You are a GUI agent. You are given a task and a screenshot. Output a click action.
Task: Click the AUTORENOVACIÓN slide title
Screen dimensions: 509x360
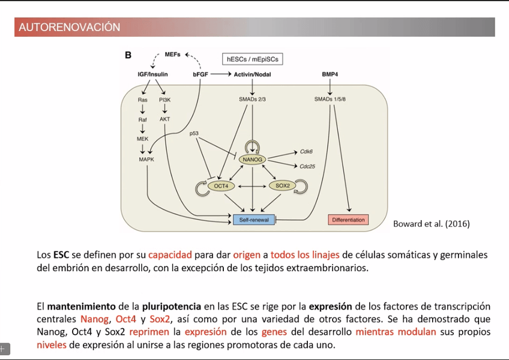70,28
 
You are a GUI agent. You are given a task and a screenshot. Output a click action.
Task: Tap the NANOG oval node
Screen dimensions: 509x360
251,160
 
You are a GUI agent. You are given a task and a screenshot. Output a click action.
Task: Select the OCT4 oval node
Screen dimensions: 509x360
221,186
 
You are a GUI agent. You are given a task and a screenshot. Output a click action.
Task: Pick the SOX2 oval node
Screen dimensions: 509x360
282,186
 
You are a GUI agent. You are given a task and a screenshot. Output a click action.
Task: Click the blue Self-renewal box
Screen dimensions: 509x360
253,220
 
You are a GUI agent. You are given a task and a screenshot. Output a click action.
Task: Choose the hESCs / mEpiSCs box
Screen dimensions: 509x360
252,59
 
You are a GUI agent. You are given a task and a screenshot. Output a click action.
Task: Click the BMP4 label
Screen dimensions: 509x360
330,74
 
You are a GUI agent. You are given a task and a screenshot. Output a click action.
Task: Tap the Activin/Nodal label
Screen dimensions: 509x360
252,74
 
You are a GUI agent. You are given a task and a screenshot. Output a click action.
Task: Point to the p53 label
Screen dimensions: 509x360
194,133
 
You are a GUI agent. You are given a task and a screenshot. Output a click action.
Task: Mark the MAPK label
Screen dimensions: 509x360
146,160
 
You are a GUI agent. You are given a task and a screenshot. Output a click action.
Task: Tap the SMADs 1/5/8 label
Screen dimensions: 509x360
330,99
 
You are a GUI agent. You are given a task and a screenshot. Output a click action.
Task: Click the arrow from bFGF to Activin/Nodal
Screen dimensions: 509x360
220,74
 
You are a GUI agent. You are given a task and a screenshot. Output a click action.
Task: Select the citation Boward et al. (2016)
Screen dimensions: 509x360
431,224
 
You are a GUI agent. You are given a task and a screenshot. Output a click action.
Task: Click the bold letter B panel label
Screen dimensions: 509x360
128,56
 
